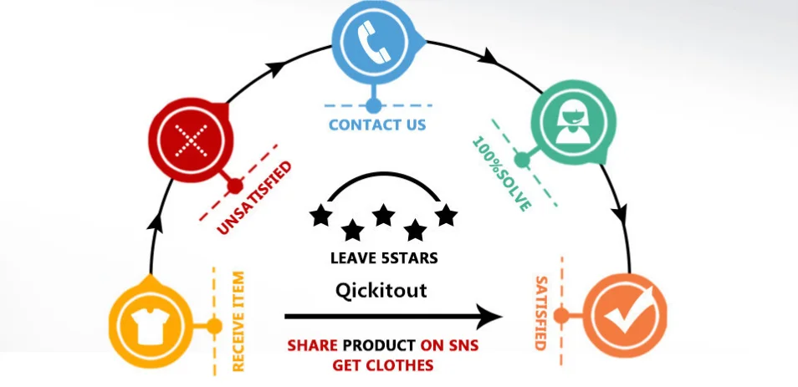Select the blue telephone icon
click(x=373, y=41)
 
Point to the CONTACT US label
click(x=377, y=125)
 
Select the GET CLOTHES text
click(x=383, y=365)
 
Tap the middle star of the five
click(x=384, y=215)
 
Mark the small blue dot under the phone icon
click(x=374, y=106)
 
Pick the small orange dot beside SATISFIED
click(x=561, y=315)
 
